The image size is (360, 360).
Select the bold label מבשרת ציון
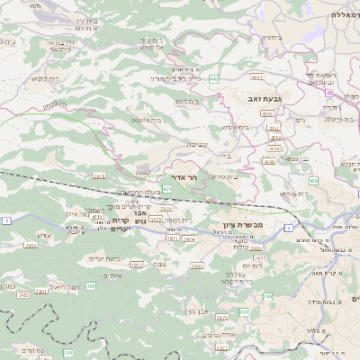(x=241, y=224)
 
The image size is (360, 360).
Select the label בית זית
(x=252, y=265)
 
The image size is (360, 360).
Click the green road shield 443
(x=213, y=79)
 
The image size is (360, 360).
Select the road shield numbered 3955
(x=30, y=244)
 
